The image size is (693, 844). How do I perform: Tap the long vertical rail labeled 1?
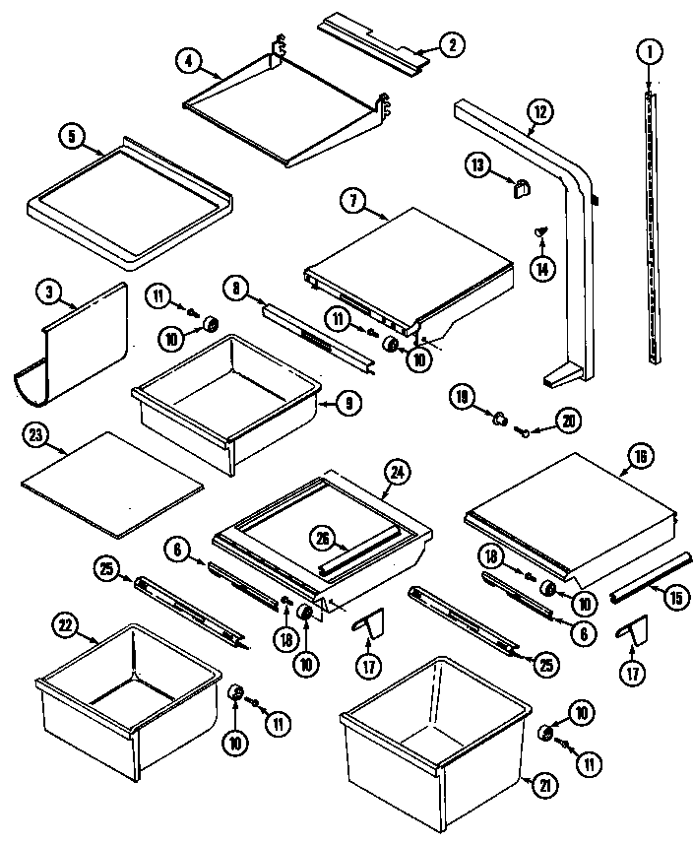[x=653, y=227]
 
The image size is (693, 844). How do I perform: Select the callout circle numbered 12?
[x=537, y=112]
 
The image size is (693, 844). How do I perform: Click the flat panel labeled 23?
[x=110, y=485]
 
